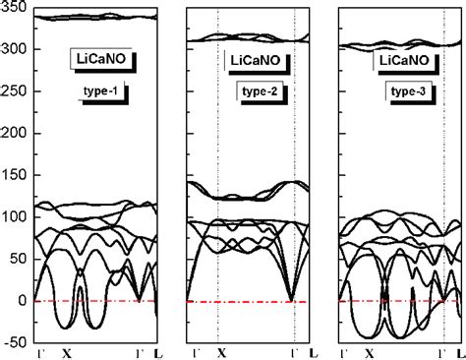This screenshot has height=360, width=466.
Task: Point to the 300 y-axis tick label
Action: point(13,49)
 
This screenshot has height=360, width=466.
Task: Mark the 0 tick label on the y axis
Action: point(22,301)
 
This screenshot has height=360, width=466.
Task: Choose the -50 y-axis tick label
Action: point(15,342)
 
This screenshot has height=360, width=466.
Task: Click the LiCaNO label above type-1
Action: point(102,59)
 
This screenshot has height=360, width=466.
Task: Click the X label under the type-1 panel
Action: point(67,352)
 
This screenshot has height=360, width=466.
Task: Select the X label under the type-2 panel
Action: point(221,352)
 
